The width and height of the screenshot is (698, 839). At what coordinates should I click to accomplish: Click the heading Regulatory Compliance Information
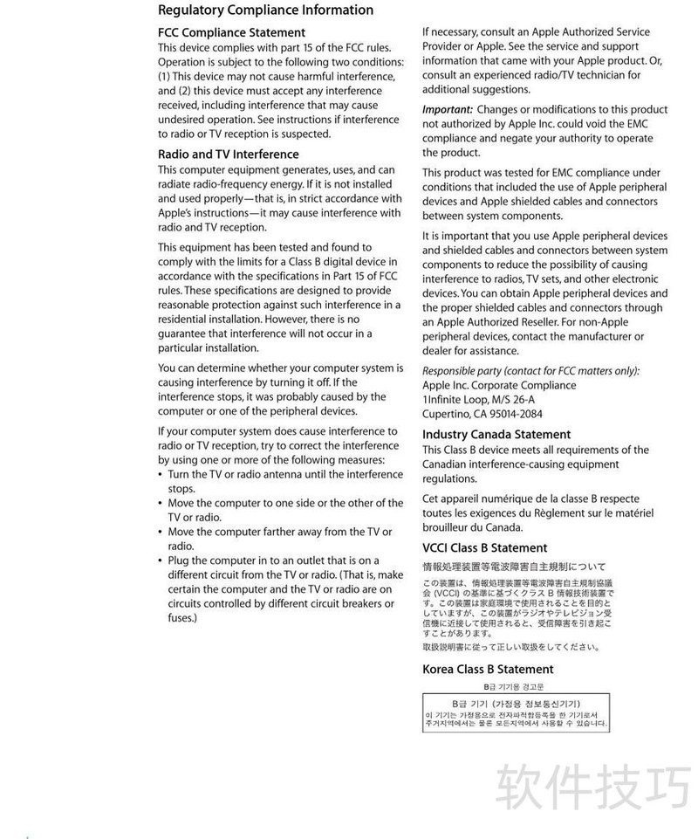(265, 10)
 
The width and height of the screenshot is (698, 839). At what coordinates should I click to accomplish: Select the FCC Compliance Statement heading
(231, 32)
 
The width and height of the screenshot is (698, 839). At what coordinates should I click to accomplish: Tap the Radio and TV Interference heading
(228, 155)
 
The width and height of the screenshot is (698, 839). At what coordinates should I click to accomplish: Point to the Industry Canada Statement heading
(496, 434)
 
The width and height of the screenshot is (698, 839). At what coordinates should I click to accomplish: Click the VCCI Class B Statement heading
(485, 548)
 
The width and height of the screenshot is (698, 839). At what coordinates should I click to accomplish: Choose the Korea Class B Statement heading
(488, 670)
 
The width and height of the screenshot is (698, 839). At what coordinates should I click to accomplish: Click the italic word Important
(447, 110)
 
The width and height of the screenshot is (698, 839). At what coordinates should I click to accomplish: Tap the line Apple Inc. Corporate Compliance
(499, 385)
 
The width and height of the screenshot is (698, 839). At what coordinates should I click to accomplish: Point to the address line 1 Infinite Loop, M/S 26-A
(478, 400)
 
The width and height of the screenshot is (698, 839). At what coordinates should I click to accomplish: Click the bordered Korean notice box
(517, 713)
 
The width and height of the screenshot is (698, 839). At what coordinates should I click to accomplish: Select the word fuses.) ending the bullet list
(182, 618)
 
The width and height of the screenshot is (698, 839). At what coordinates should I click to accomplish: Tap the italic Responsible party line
(530, 370)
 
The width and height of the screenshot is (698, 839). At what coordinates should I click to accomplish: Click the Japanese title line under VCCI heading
(514, 567)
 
